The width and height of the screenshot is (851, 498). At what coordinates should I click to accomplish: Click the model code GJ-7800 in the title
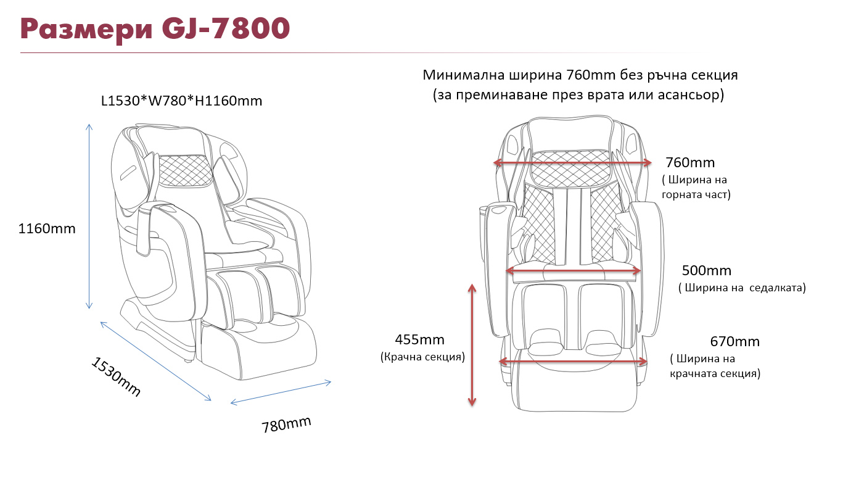tap(226, 28)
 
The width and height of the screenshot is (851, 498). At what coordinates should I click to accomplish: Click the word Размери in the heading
tap(86, 30)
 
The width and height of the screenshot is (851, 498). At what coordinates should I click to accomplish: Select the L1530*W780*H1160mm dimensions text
tap(181, 101)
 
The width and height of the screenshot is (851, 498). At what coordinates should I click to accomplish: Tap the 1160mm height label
tap(47, 228)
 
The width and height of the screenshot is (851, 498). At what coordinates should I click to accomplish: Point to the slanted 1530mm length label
tap(116, 376)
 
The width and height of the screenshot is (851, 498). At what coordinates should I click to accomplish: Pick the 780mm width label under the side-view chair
tap(287, 424)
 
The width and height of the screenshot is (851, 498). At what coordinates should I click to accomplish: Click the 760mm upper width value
tap(690, 162)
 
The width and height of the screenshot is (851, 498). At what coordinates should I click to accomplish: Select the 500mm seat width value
tap(706, 270)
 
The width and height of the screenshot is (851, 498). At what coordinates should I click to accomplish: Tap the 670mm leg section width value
tap(734, 341)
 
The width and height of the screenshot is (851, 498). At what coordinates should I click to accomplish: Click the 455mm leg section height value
tap(419, 339)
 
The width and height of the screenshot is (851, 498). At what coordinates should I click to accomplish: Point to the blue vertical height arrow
tap(89, 216)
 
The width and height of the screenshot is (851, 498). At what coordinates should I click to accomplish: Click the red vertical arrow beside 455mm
tap(472, 345)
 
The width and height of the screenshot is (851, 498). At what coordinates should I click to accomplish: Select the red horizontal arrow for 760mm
tap(572, 163)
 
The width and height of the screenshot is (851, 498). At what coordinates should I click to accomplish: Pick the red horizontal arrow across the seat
tap(573, 271)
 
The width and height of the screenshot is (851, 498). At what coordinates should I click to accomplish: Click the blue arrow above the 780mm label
tap(281, 392)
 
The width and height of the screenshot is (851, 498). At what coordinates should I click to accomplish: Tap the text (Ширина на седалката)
tap(742, 288)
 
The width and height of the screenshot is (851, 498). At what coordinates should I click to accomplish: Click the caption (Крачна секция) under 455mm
tap(422, 357)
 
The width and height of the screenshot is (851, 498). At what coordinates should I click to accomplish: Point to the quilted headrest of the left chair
tap(184, 171)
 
